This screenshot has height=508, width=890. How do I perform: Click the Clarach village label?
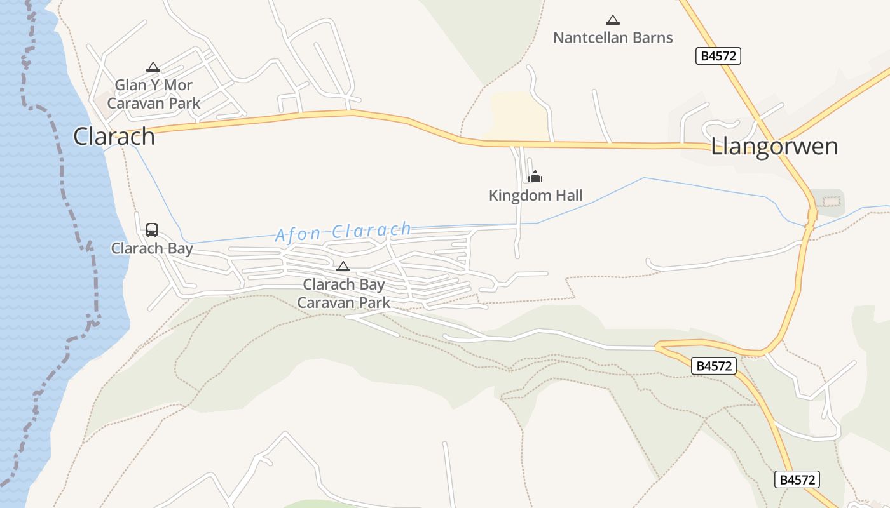click(x=114, y=137)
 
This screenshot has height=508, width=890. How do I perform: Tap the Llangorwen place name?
click(x=774, y=147)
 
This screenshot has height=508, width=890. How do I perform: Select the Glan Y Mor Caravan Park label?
click(x=153, y=94)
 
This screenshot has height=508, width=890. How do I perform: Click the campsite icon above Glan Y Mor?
click(x=153, y=67)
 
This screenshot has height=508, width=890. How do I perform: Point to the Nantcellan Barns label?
click(x=612, y=38)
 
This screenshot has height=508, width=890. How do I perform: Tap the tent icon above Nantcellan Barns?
click(x=612, y=20)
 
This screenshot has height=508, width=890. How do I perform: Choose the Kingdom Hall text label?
click(x=535, y=196)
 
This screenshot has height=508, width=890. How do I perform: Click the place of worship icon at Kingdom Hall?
click(x=535, y=177)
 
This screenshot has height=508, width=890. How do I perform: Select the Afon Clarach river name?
click(x=343, y=232)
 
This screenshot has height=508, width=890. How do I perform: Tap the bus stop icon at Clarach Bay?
click(x=151, y=230)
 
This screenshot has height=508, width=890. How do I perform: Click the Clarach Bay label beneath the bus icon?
click(x=151, y=248)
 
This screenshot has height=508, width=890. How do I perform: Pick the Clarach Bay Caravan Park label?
click(x=344, y=293)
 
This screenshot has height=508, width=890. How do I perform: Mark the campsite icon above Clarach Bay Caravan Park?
click(x=343, y=266)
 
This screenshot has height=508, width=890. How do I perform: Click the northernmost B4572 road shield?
click(x=718, y=56)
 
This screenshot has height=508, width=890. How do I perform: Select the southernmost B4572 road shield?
click(x=797, y=479)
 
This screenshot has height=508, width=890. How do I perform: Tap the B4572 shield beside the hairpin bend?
click(x=714, y=366)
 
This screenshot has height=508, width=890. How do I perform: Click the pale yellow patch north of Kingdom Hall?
click(x=518, y=114)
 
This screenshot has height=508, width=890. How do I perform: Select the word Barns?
click(x=650, y=38)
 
